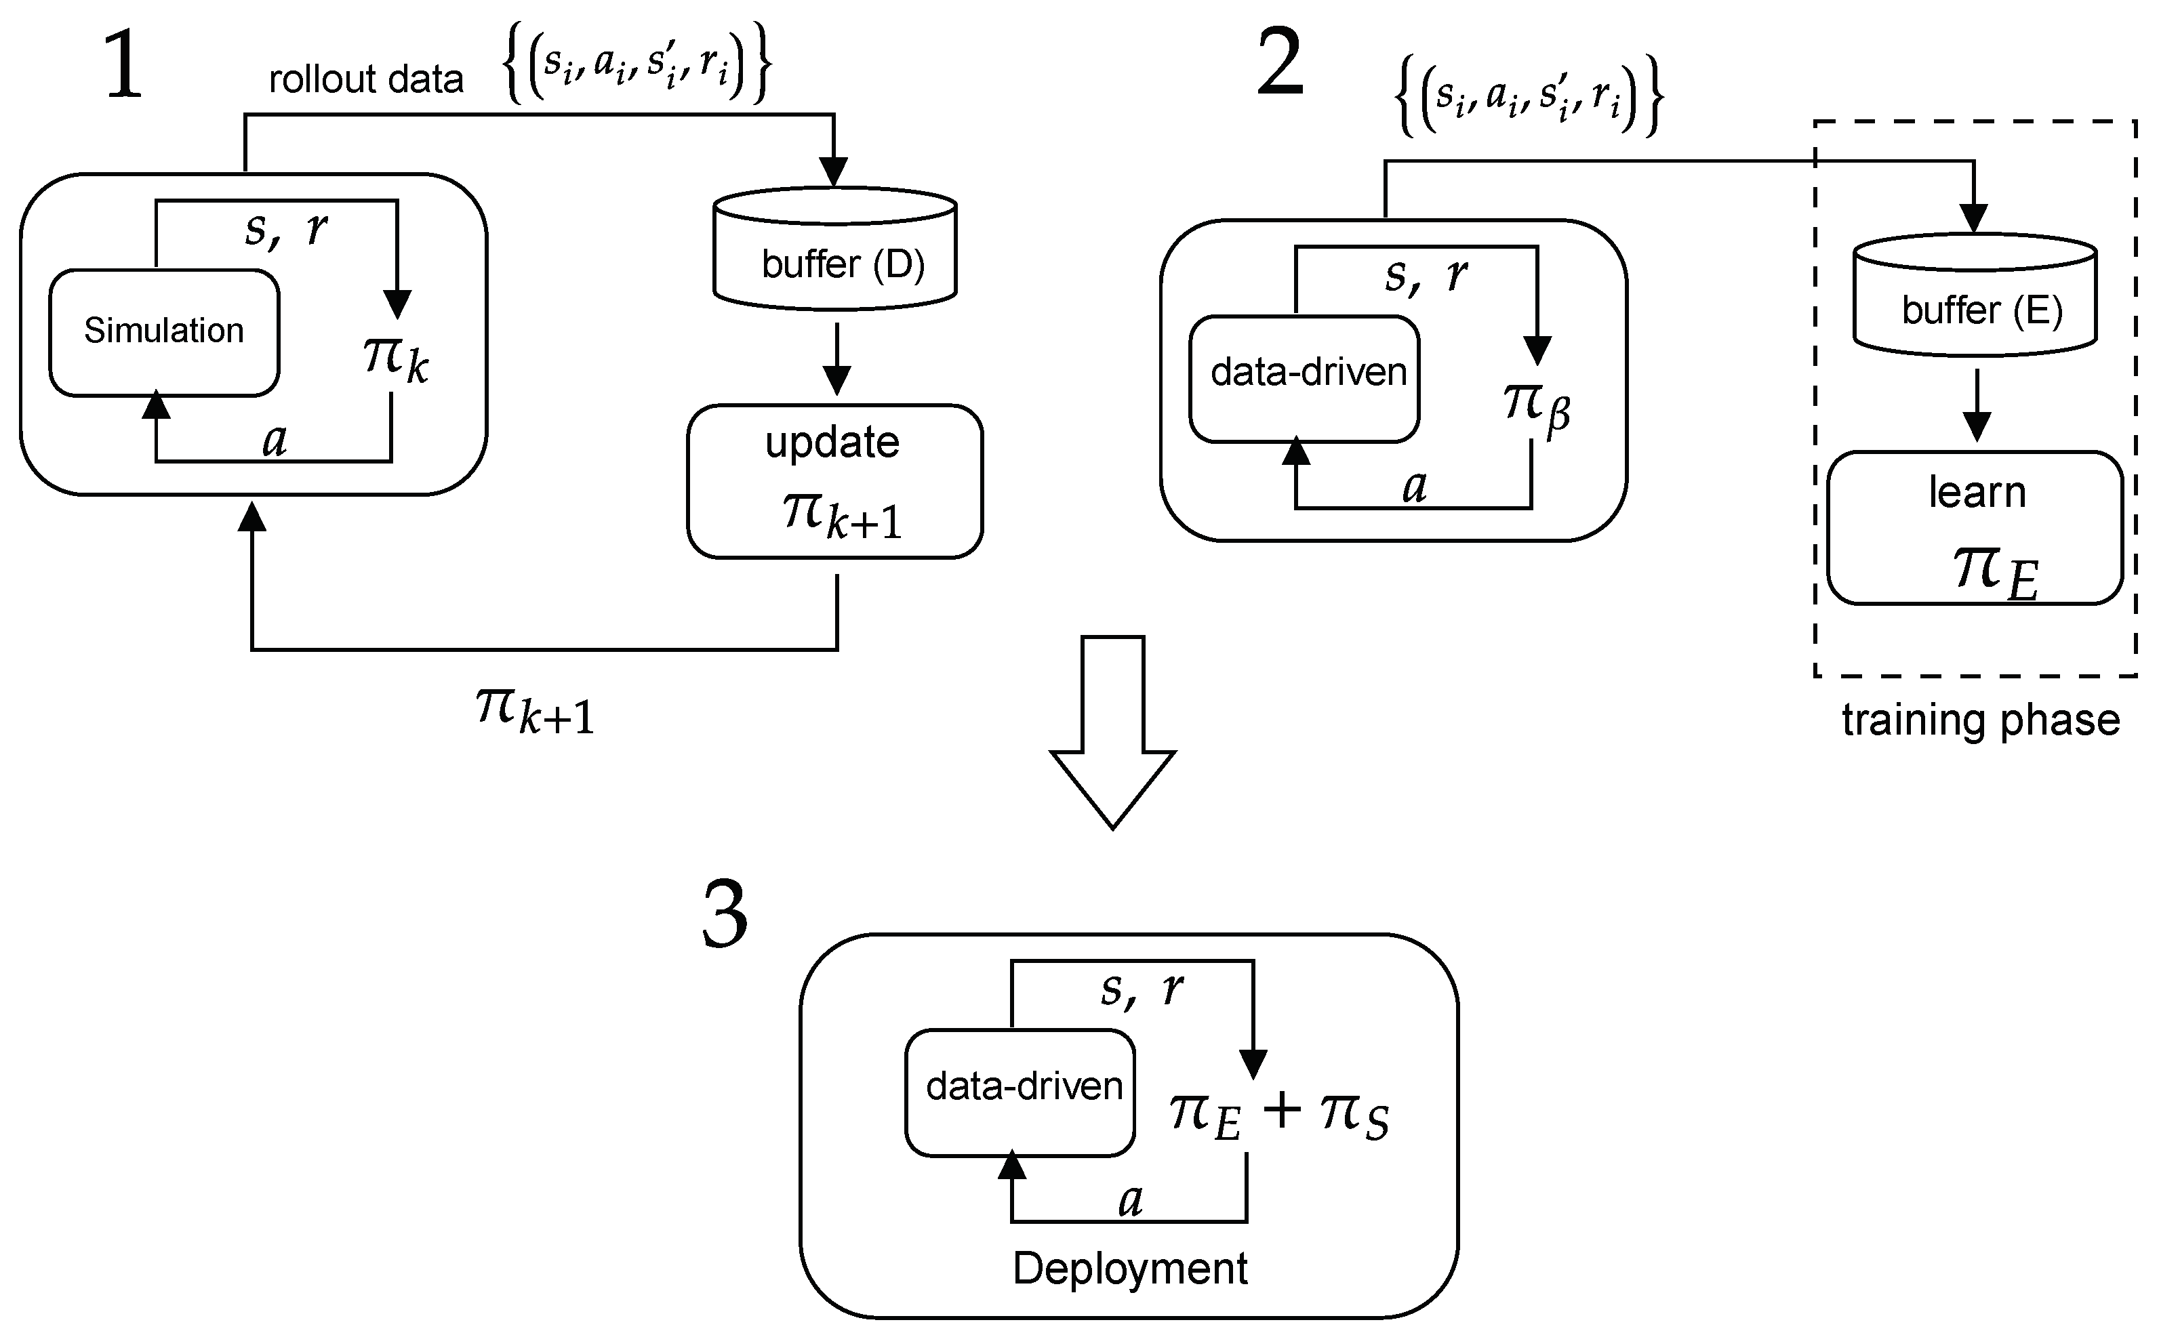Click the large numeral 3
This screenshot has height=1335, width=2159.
(x=725, y=916)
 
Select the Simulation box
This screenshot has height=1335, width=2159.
(x=164, y=332)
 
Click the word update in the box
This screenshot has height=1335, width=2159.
(x=832, y=443)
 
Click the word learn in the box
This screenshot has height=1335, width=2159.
(x=1976, y=493)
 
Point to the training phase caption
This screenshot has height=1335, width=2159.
(x=1980, y=720)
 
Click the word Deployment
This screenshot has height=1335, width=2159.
(x=1129, y=1269)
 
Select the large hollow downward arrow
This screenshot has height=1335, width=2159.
(x=1112, y=733)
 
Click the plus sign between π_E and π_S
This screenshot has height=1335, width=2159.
(x=1282, y=1110)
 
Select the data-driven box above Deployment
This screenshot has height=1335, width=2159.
(x=1020, y=1092)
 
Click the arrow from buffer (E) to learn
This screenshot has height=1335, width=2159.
(x=1976, y=405)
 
